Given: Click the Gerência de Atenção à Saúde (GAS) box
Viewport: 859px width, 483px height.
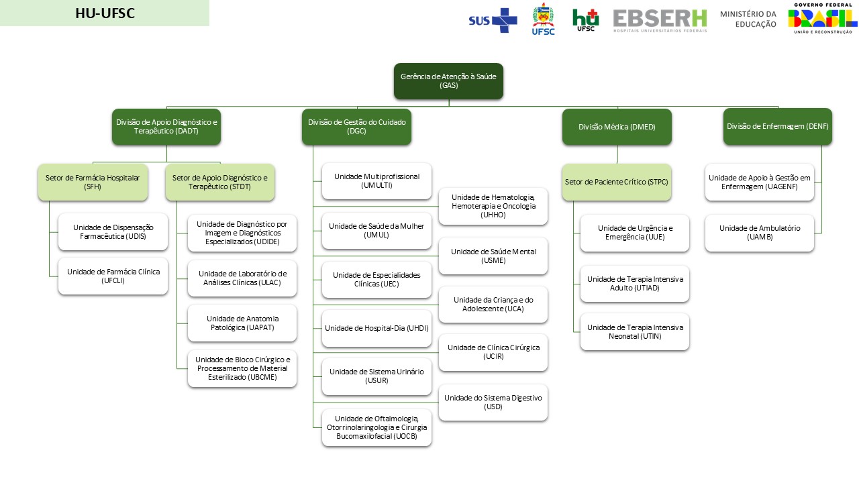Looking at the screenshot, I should (x=448, y=81).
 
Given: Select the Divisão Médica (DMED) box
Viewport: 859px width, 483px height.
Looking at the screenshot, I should (x=617, y=127).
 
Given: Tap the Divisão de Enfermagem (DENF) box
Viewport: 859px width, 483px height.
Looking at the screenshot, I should (x=777, y=126).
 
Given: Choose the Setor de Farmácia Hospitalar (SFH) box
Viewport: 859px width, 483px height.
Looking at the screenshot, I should (x=93, y=182).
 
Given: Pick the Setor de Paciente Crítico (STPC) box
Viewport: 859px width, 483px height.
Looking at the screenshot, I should (x=616, y=182).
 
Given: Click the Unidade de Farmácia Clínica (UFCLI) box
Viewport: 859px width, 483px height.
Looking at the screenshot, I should (x=113, y=276).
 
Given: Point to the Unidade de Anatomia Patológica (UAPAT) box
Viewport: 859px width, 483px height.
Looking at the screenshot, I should (x=242, y=323).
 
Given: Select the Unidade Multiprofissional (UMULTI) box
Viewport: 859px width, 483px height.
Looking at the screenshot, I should (x=376, y=180).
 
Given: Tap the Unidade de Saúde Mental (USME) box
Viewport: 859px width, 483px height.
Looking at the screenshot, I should (x=493, y=256).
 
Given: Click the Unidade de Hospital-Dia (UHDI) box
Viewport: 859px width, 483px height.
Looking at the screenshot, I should (x=376, y=328).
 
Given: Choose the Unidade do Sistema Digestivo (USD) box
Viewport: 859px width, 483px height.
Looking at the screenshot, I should (x=493, y=402).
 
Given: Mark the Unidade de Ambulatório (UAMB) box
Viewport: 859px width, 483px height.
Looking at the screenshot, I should (x=760, y=233).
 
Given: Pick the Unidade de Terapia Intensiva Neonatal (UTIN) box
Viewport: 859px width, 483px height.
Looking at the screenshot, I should (x=634, y=331).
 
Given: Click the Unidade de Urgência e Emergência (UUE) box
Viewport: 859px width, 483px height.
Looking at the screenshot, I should (x=634, y=233).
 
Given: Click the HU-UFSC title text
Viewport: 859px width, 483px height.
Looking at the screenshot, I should (x=105, y=13).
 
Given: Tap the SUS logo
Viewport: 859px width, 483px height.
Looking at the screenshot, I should (x=493, y=20).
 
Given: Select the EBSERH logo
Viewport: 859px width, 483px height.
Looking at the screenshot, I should (x=660, y=20).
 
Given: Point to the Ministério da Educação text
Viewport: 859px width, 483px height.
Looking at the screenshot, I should (x=748, y=19).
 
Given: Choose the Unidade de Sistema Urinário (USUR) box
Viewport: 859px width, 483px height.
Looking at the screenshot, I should (x=376, y=376).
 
